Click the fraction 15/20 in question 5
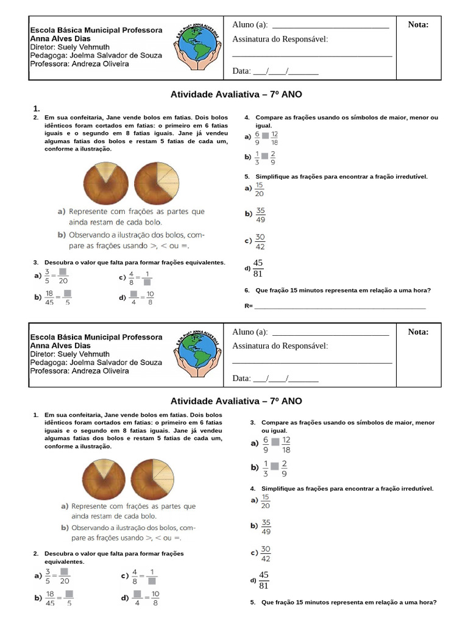[x=260, y=189]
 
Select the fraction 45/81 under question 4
[x=263, y=581]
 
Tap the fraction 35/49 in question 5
[x=261, y=215]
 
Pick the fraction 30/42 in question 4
[x=266, y=554]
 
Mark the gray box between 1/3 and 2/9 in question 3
[x=274, y=467]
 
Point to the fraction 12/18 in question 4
[x=275, y=138]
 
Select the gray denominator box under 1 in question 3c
[x=147, y=282]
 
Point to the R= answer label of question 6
[x=248, y=306]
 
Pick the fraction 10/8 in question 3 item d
[x=150, y=297]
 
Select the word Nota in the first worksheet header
[x=418, y=24]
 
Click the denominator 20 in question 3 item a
[x=63, y=281]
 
